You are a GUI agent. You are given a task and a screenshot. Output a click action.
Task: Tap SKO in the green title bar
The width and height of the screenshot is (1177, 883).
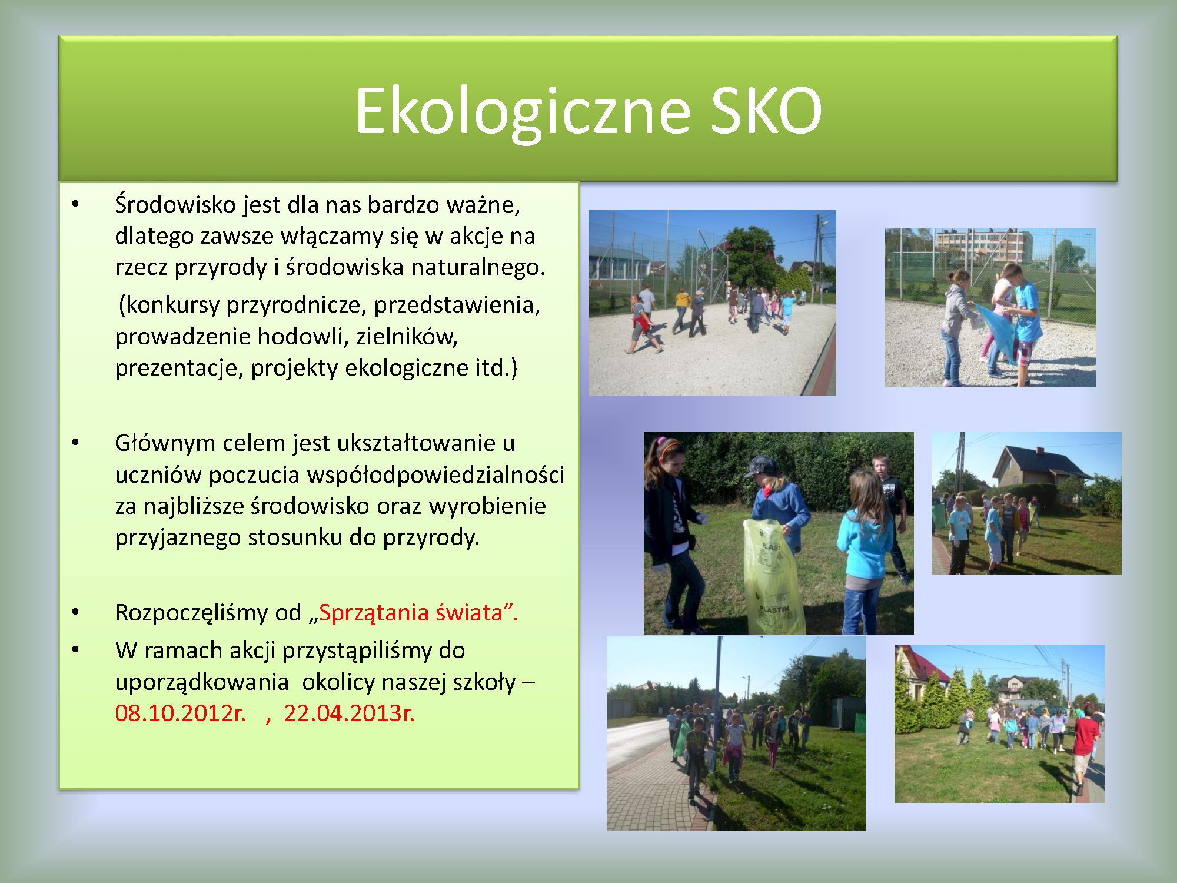tap(766, 110)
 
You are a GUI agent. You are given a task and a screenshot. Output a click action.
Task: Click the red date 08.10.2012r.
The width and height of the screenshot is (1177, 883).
tap(180, 713)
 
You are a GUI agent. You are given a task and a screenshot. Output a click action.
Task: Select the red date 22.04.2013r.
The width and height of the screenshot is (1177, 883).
tap(350, 713)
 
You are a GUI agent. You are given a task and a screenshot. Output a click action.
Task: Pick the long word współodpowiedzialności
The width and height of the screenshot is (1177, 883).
tap(387, 474)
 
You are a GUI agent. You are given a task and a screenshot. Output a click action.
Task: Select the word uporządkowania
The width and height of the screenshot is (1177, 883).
tap(202, 682)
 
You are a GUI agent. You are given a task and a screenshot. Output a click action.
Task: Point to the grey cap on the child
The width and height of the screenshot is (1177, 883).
tap(762, 466)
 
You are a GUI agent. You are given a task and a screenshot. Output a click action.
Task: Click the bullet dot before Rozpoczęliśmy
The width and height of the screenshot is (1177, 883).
tap(75, 612)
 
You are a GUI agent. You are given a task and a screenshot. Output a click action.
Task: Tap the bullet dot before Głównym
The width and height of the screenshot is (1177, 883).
tap(75, 443)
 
